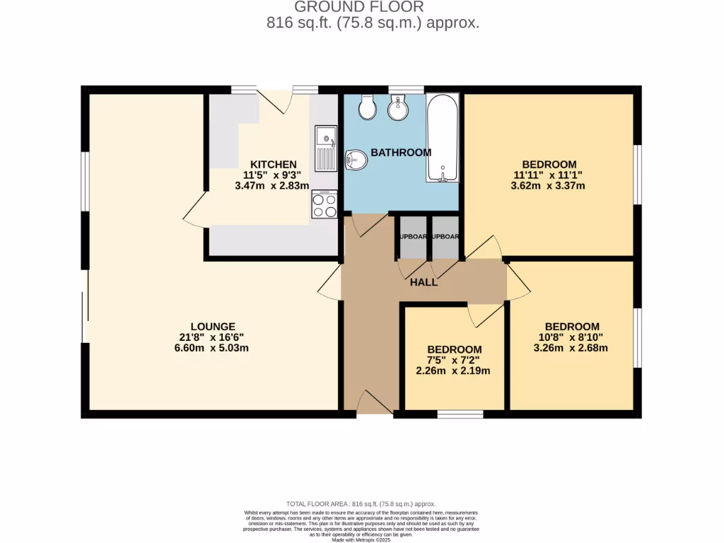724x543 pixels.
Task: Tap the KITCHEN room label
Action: click(x=269, y=165)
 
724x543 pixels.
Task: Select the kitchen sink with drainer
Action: click(x=327, y=148)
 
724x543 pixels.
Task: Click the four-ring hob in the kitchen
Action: click(x=325, y=205)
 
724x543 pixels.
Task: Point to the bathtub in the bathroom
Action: click(x=443, y=139)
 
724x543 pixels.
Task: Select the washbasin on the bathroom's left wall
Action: click(x=356, y=160)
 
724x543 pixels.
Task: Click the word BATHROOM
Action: click(x=401, y=153)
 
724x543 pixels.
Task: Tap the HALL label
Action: click(x=424, y=282)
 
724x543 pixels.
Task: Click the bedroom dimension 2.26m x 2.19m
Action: click(x=454, y=371)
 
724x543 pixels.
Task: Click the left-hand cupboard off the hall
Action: click(x=411, y=238)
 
